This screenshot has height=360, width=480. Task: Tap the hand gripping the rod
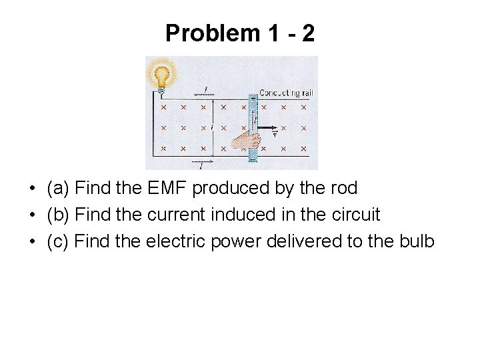tap(241, 139)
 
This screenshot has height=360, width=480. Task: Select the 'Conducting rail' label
tap(285, 93)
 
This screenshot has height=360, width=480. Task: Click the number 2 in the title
tap(307, 33)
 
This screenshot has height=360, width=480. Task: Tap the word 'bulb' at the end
tap(417, 241)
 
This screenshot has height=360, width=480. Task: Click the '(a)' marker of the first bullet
tap(58, 189)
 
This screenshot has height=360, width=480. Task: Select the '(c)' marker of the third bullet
tap(58, 241)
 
